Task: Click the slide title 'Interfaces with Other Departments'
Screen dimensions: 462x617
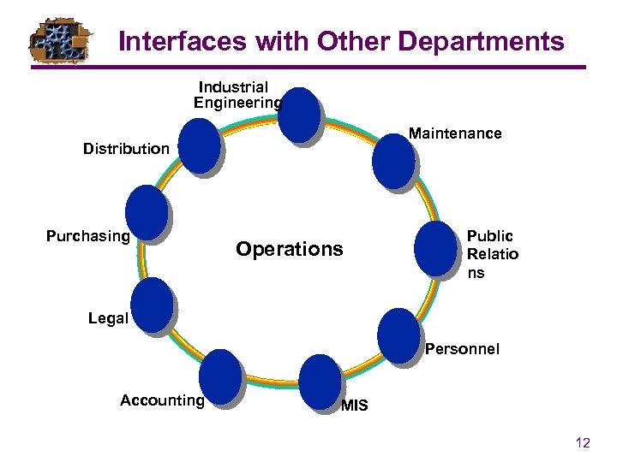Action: pyautogui.click(x=341, y=41)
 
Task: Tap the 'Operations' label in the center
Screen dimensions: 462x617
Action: pyautogui.click(x=289, y=249)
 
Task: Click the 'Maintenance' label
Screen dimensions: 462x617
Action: pyautogui.click(x=455, y=133)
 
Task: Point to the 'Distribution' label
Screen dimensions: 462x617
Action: pyautogui.click(x=126, y=149)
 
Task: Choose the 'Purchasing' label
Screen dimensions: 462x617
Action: pyautogui.click(x=87, y=235)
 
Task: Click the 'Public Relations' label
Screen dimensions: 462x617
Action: pyautogui.click(x=492, y=254)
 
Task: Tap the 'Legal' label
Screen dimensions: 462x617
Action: pyautogui.click(x=108, y=318)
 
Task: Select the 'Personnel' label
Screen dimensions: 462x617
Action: pyautogui.click(x=462, y=349)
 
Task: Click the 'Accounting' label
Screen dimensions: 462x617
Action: pyautogui.click(x=162, y=400)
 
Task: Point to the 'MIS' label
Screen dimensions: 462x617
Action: pyautogui.click(x=354, y=406)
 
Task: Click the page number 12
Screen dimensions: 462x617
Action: pyautogui.click(x=583, y=442)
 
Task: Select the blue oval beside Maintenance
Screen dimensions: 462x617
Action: pyautogui.click(x=393, y=157)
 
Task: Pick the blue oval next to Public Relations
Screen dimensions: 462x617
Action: pyautogui.click(x=435, y=248)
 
